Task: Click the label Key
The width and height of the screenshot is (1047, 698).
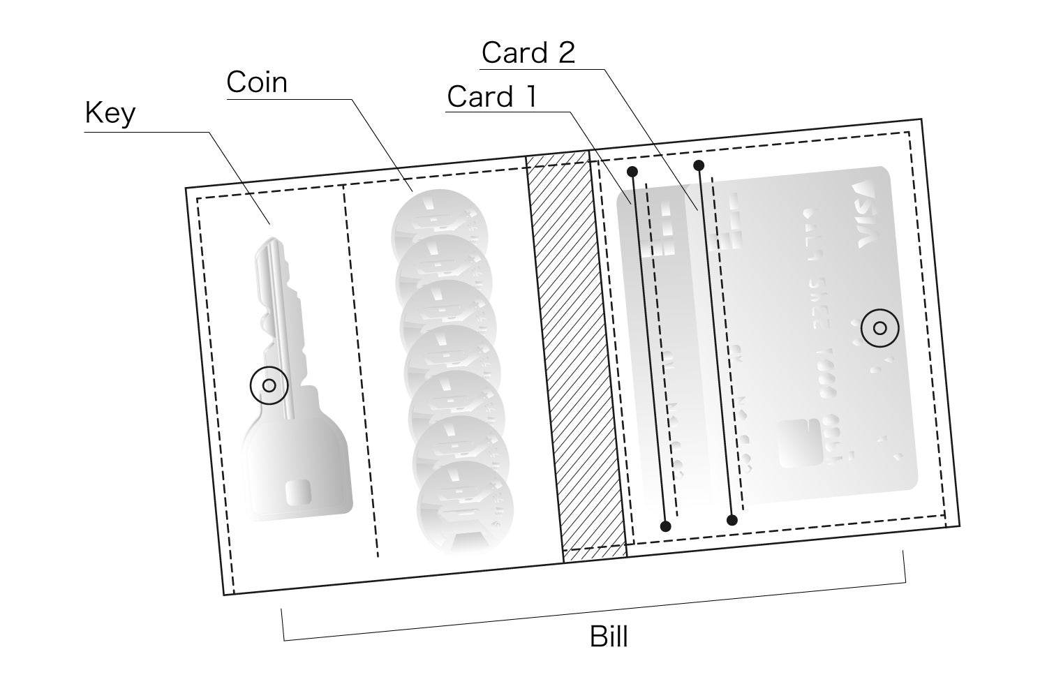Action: (110, 112)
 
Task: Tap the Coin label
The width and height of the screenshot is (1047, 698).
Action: (256, 82)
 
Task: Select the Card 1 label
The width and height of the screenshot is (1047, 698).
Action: (492, 97)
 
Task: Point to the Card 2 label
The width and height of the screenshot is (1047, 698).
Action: (528, 53)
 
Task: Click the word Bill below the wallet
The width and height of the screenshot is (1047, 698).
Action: (609, 637)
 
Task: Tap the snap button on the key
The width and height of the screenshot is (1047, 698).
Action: (269, 385)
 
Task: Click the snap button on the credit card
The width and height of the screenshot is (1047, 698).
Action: (879, 328)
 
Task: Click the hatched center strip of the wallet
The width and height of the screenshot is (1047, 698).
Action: (577, 356)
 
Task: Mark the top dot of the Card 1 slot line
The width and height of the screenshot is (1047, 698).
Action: (632, 171)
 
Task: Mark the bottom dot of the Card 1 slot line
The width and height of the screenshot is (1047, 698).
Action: (665, 526)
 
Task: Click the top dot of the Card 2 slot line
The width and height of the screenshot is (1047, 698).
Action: (699, 165)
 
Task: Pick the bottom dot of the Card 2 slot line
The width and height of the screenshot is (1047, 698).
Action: (732, 520)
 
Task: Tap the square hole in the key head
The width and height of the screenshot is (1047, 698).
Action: (298, 493)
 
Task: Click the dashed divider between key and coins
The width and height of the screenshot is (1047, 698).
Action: (361, 370)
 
